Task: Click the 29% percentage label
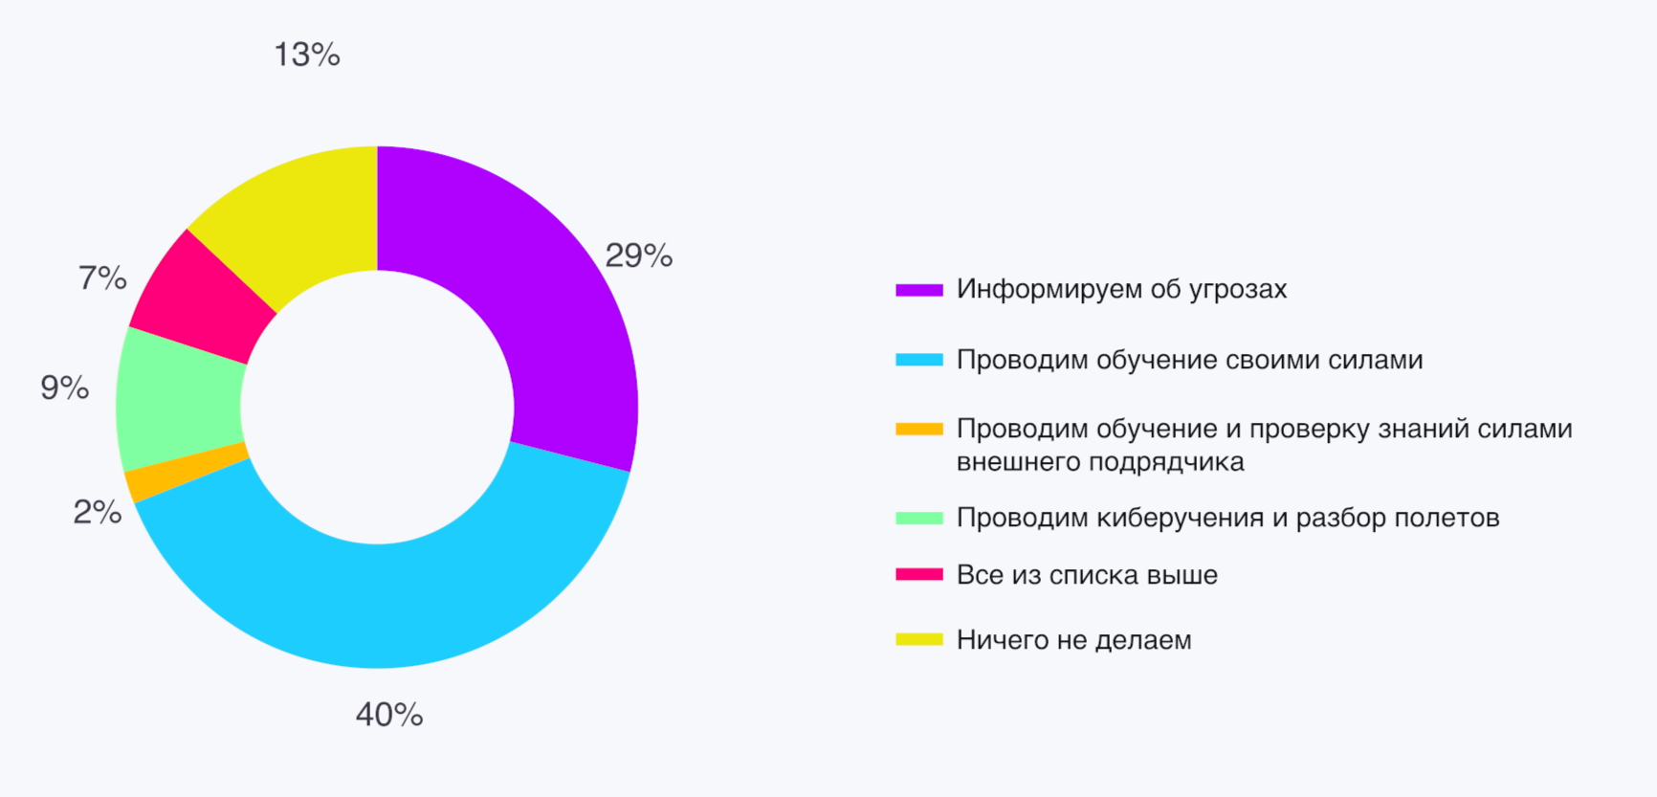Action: (639, 255)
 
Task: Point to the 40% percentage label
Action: (389, 715)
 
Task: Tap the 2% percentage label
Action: (98, 512)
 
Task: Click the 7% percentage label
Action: (102, 278)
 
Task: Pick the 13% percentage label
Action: (307, 55)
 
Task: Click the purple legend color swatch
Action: (919, 289)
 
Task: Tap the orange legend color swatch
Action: (919, 430)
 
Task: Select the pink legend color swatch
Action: (919, 575)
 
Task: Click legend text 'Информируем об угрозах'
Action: (1121, 289)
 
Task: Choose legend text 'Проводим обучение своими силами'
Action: (1189, 360)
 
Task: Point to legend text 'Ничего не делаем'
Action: (1073, 639)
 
